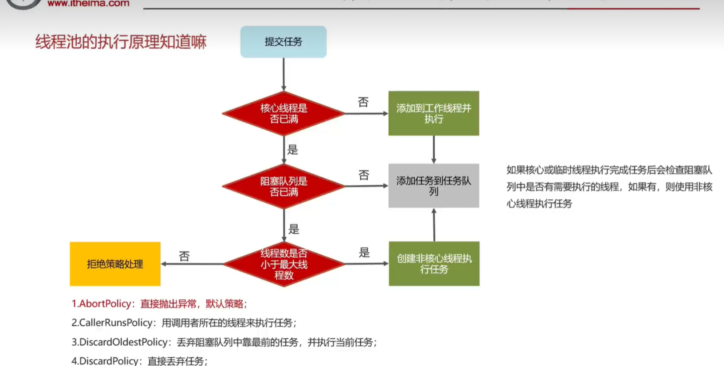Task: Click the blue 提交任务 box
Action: coord(283,42)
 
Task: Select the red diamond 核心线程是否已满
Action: coord(283,113)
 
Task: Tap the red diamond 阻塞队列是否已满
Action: coord(283,186)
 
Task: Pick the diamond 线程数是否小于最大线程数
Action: coord(283,264)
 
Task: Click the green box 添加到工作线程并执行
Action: coord(434,113)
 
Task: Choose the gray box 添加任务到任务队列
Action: coord(434,185)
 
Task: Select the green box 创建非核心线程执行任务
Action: coord(434,263)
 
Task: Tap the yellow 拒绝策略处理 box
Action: coord(115,264)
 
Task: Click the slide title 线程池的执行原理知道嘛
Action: coord(121,42)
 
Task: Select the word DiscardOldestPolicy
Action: coord(123,342)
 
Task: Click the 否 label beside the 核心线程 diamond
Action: coord(363,102)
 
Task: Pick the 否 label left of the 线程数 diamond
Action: coord(184,256)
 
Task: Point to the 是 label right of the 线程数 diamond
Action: coord(364,252)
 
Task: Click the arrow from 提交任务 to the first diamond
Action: coord(284,74)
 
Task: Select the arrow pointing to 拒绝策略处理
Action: coord(192,264)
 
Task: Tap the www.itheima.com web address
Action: coord(88,3)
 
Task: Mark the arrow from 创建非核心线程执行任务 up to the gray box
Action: coord(434,224)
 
